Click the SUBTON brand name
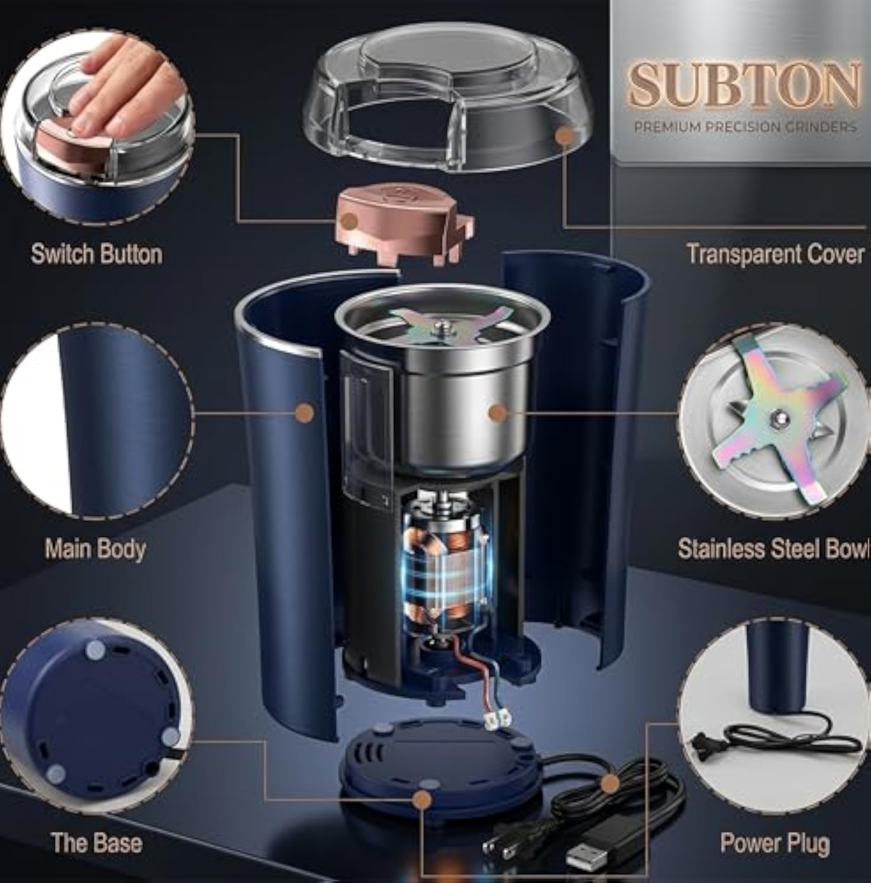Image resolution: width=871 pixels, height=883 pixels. [x=744, y=85]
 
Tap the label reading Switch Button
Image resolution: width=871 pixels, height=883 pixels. [x=96, y=254]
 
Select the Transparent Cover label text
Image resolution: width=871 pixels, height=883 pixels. [x=776, y=254]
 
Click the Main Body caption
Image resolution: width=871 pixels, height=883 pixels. [x=95, y=549]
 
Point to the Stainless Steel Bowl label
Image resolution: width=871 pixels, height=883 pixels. [x=774, y=549]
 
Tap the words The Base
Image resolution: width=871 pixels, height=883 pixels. [x=96, y=830]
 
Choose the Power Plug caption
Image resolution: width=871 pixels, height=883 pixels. [x=775, y=830]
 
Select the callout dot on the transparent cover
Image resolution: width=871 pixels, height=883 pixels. [x=566, y=136]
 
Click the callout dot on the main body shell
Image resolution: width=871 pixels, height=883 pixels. [x=304, y=413]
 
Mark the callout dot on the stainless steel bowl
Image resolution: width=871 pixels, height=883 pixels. [x=498, y=413]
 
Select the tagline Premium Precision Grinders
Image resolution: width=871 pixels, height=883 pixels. [x=745, y=127]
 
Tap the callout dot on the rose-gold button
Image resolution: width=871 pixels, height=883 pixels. [x=350, y=221]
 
